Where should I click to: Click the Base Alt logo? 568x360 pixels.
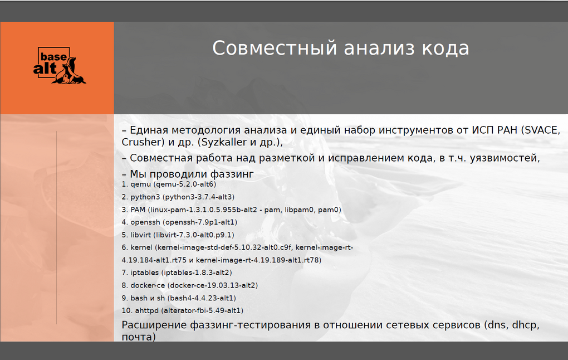[60, 65]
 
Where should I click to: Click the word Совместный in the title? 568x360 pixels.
[275, 48]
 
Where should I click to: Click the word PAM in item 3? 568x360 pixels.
[138, 210]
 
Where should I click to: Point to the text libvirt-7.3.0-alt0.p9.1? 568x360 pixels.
[194, 235]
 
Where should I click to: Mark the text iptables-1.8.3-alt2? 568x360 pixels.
[197, 273]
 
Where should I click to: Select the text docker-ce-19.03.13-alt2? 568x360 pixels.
[213, 285]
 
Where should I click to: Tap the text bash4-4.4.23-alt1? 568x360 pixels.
[202, 298]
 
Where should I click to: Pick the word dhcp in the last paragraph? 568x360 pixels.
[525, 325]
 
